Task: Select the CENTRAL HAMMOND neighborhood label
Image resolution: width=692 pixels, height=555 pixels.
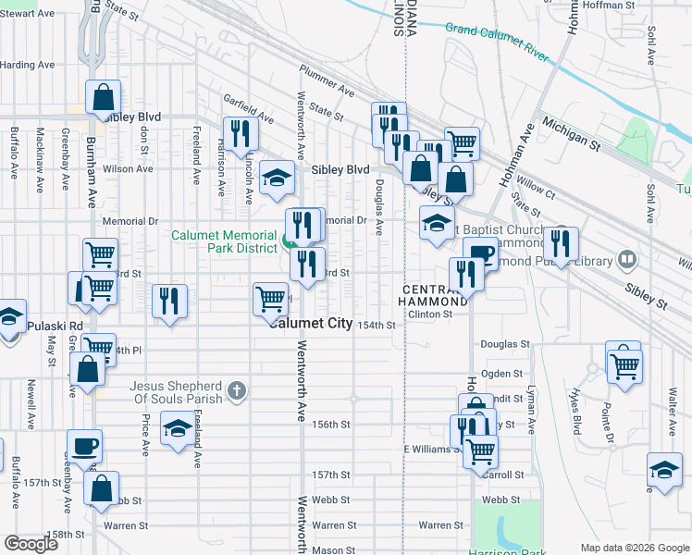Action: pyautogui.click(x=434, y=296)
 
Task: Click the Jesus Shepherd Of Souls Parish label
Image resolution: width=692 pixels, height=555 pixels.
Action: pyautogui.click(x=176, y=392)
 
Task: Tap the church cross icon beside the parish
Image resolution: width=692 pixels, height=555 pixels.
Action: pyautogui.click(x=237, y=390)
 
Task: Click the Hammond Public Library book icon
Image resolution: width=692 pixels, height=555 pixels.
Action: pyautogui.click(x=626, y=260)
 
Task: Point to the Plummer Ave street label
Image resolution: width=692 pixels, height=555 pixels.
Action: pyautogui.click(x=327, y=81)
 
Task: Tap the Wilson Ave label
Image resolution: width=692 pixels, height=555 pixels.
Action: pyautogui.click(x=127, y=169)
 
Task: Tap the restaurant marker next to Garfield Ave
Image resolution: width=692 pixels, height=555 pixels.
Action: pyautogui.click(x=240, y=132)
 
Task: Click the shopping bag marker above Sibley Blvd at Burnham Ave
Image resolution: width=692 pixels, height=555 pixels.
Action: pyautogui.click(x=104, y=96)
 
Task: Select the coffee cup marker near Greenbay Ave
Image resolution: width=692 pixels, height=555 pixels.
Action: pyautogui.click(x=85, y=446)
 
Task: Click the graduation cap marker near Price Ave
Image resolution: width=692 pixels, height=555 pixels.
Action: pyautogui.click(x=178, y=428)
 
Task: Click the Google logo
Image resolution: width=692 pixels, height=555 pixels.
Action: pyautogui.click(x=31, y=544)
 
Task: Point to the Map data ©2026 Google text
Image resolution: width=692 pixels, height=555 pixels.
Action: pyautogui.click(x=634, y=548)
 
